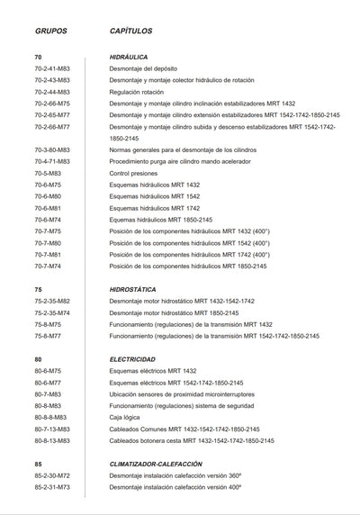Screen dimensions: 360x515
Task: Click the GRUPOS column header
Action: (50, 31)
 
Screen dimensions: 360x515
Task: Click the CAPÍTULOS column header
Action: (130, 31)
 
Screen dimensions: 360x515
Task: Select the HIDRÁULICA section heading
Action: (129, 57)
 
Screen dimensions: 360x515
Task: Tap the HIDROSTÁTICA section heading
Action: (133, 289)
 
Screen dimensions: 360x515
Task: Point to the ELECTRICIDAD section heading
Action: (132, 359)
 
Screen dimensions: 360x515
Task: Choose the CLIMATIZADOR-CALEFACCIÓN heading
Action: (156, 464)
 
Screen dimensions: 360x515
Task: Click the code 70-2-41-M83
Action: (52, 68)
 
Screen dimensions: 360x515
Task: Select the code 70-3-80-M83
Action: (52, 149)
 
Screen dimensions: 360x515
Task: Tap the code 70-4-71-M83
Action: (52, 161)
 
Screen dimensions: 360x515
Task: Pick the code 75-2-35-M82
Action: (52, 301)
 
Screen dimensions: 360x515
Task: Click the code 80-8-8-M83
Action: (50, 418)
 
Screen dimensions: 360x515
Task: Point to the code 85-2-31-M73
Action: (52, 487)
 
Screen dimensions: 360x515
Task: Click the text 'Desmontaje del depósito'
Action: (143, 68)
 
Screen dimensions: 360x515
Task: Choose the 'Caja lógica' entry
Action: (125, 418)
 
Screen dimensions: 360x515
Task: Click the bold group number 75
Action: (39, 289)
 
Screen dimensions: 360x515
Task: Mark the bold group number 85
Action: (39, 464)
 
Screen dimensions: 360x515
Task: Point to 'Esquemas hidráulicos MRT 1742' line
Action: (155, 208)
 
